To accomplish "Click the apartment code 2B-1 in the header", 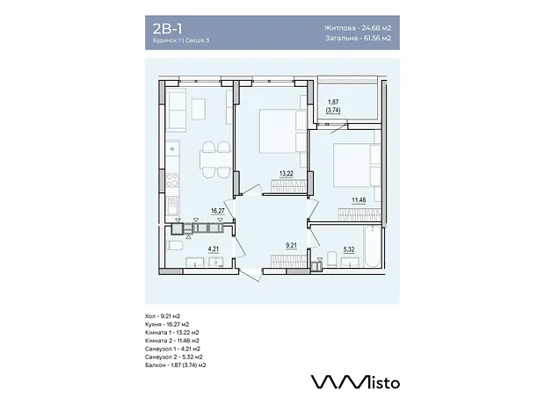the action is pyautogui.click(x=167, y=28).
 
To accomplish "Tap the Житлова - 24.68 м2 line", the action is pyautogui.click(x=358, y=28).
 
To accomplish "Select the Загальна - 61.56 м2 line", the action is pyautogui.click(x=359, y=38).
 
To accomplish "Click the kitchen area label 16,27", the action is pyautogui.click(x=218, y=211).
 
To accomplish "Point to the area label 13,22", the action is pyautogui.click(x=286, y=173).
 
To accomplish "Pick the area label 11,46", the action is pyautogui.click(x=359, y=200).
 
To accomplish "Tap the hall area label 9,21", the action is pyautogui.click(x=291, y=246).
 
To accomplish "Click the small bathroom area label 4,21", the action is pyautogui.click(x=214, y=249).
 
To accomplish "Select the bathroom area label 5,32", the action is pyautogui.click(x=349, y=249).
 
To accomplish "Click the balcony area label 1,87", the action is pyautogui.click(x=333, y=102).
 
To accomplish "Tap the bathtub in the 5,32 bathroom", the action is pyautogui.click(x=372, y=246).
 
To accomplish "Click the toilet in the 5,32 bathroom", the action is pyautogui.click(x=332, y=259).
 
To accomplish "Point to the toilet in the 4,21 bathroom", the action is pyautogui.click(x=174, y=245).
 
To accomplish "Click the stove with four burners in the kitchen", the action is pyautogui.click(x=172, y=180).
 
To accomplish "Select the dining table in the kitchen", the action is pyautogui.click(x=215, y=160).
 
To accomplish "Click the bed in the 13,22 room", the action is pyautogui.click(x=283, y=131).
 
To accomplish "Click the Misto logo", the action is pyautogui.click(x=355, y=381).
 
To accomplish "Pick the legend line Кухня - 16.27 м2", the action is pyautogui.click(x=167, y=324).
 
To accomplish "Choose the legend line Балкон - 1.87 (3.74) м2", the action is pyautogui.click(x=176, y=365).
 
